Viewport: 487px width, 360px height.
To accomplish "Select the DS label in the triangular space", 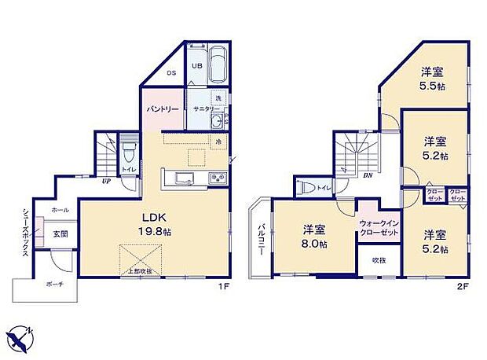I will point(170,74).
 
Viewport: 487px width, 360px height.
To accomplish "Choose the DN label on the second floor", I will point(367,175).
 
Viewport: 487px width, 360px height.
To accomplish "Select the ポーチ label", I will point(54,285).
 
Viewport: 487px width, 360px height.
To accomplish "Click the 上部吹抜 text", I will point(141,271).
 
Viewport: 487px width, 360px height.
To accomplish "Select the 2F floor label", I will point(463,287).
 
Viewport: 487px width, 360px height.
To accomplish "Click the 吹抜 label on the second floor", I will point(379,260).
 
